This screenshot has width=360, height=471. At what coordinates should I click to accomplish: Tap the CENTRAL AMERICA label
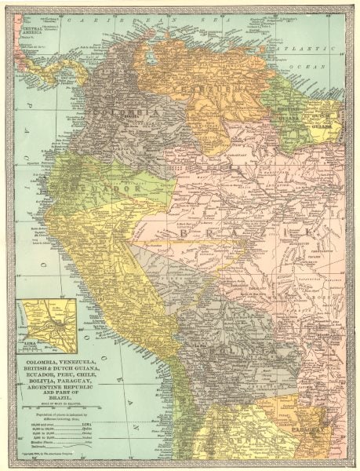point(35,31)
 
